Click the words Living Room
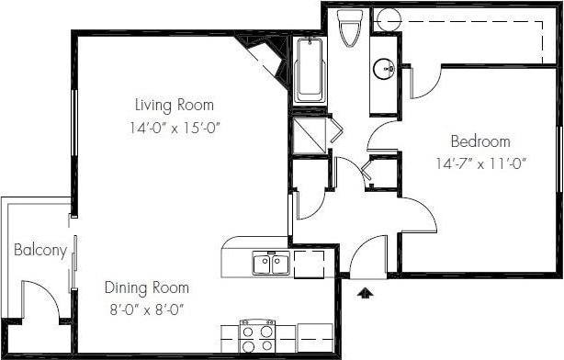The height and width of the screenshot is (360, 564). click(175, 104)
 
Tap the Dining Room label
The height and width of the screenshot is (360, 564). click(147, 287)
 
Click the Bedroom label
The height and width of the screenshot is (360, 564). click(479, 141)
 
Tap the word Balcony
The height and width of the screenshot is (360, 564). click(39, 250)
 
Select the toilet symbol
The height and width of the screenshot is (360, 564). click(349, 28)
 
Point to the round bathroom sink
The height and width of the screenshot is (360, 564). click(383, 68)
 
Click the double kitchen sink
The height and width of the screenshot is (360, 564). click(271, 264)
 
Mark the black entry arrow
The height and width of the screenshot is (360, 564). click(365, 294)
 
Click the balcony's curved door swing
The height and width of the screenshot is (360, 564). click(41, 298)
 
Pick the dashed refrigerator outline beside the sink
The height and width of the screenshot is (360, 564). click(310, 263)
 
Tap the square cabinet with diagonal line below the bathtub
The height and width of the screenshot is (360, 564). click(310, 136)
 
